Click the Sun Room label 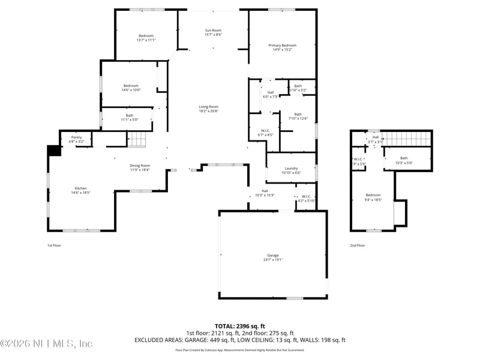(x=212, y=30)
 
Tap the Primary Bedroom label (x=282, y=46)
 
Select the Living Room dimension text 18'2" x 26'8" (x=209, y=111)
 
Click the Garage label (x=273, y=255)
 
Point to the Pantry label (x=76, y=137)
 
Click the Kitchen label (x=80, y=188)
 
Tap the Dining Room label (x=140, y=166)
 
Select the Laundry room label (x=291, y=169)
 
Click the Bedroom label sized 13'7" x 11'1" (x=146, y=35)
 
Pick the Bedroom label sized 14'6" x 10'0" (x=131, y=86)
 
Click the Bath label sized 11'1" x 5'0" (x=130, y=116)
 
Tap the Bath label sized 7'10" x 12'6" (x=298, y=114)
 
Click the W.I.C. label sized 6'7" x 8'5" (x=265, y=131)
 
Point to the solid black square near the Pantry (x=54, y=151)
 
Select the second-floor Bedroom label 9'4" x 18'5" (x=373, y=195)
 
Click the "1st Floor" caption (x=54, y=245)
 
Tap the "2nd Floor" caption (x=357, y=245)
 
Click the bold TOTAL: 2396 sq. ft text (x=239, y=326)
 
